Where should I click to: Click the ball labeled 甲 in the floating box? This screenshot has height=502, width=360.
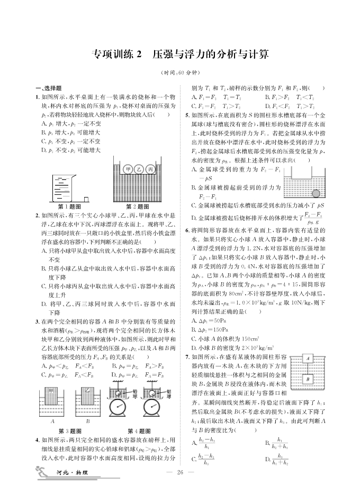click(128, 169)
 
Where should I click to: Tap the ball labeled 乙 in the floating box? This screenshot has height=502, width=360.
click(139, 169)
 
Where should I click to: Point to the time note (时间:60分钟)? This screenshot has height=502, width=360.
click(179, 73)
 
